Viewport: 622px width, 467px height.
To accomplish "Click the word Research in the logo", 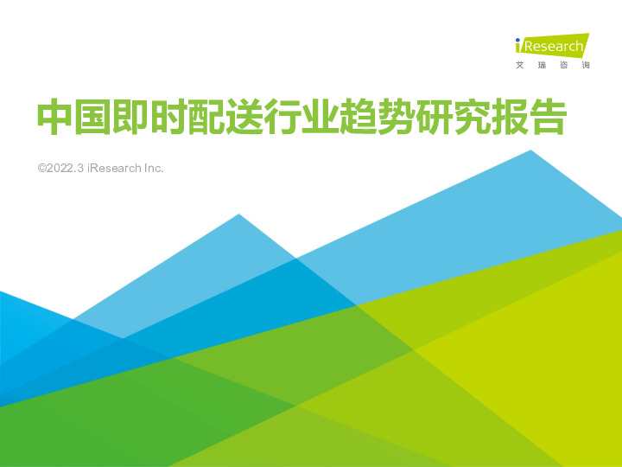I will click(553, 46).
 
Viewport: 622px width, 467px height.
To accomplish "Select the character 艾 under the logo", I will click(519, 66).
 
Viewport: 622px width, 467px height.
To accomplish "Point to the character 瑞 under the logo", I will click(542, 66).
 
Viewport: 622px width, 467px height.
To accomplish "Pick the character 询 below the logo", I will click(586, 66).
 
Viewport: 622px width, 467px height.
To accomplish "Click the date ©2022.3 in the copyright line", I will click(61, 167).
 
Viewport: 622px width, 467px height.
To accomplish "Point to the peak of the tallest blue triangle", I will click(530, 150).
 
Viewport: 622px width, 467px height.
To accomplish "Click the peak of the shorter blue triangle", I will click(238, 214).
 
